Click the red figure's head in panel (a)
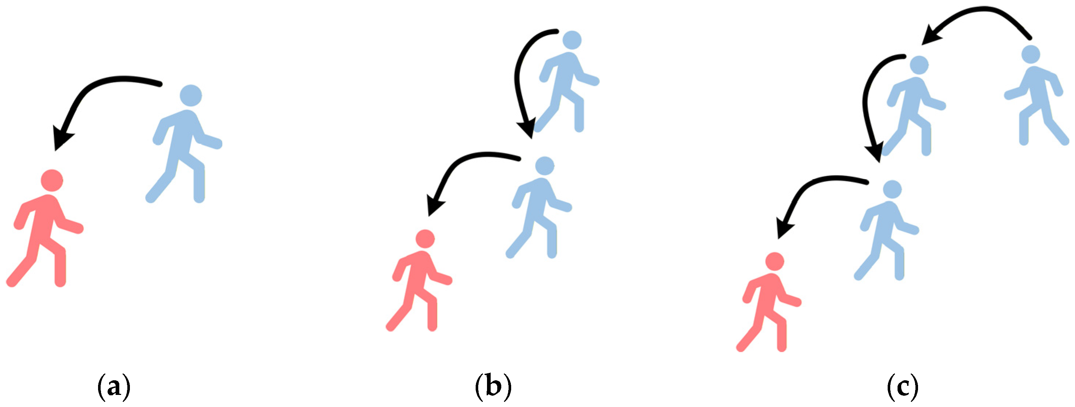52,181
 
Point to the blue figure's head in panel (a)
191,96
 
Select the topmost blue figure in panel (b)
567,83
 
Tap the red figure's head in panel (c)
775,262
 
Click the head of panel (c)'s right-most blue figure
1030,55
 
